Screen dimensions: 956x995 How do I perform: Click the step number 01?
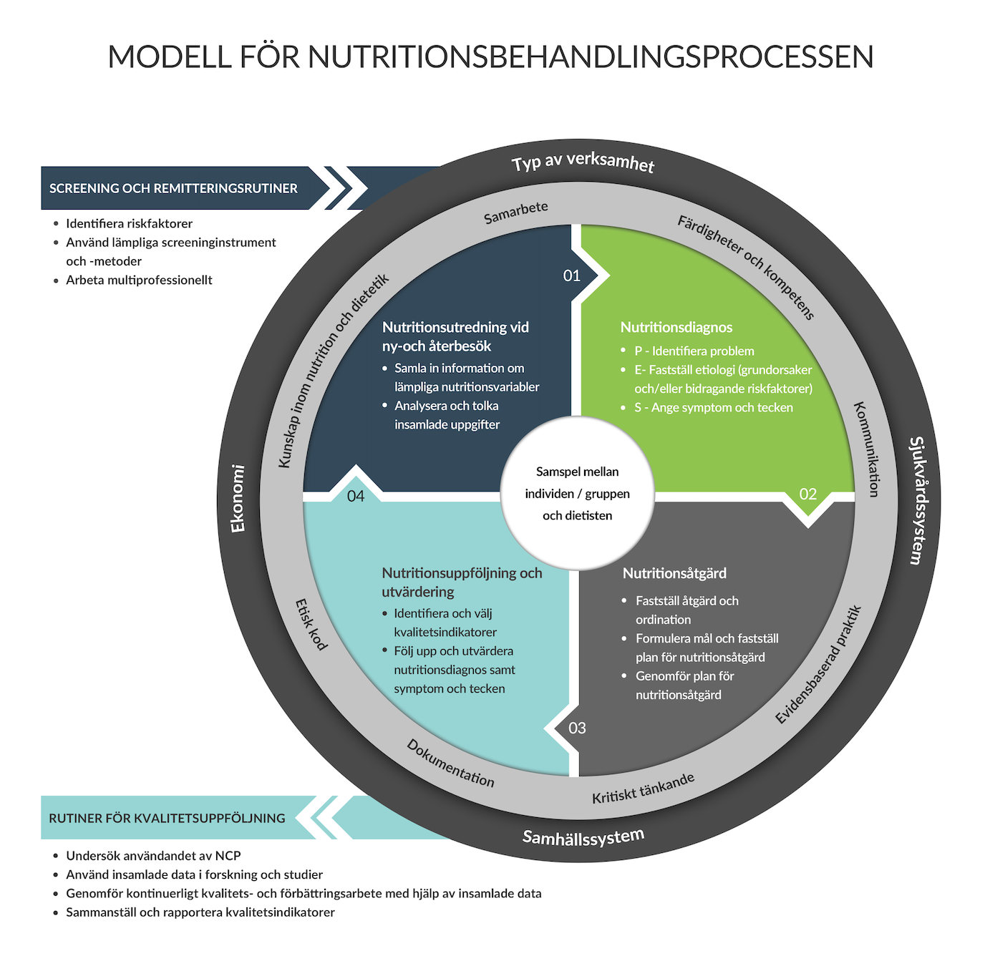click(x=571, y=275)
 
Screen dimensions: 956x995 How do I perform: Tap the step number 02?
click(x=807, y=494)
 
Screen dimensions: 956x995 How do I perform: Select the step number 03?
click(x=577, y=728)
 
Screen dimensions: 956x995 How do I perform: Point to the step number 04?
click(x=355, y=496)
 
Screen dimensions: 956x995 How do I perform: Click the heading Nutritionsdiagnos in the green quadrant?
click(x=676, y=327)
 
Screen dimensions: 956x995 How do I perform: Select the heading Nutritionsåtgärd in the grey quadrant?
click(x=674, y=573)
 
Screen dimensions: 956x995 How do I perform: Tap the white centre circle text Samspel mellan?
click(x=577, y=472)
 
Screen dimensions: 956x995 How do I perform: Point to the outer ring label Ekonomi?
click(x=238, y=499)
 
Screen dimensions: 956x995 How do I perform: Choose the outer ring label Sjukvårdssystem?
click(x=917, y=500)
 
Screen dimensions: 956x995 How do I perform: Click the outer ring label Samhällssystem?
click(x=583, y=836)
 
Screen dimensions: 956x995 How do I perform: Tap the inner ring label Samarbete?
click(x=515, y=212)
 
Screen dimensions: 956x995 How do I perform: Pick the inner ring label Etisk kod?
click(x=311, y=624)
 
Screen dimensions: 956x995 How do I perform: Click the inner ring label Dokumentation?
click(x=450, y=763)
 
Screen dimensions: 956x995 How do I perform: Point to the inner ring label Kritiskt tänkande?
click(x=643, y=788)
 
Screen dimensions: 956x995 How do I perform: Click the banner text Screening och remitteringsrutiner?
click(x=173, y=188)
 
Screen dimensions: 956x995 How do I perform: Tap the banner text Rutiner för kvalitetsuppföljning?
click(x=167, y=818)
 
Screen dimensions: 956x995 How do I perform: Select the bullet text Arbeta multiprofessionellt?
click(x=139, y=280)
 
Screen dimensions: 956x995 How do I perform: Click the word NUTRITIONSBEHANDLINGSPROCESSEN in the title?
click(x=591, y=57)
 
